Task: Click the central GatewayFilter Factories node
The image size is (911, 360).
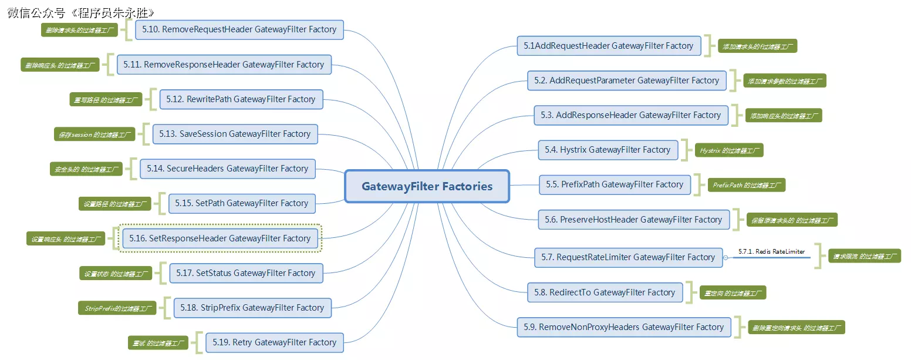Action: pos(427,186)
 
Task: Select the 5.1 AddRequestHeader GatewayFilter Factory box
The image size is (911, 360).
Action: pos(609,46)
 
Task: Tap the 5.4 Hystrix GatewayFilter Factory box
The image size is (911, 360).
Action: pos(608,150)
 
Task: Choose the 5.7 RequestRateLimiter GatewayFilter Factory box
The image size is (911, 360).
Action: pos(628,257)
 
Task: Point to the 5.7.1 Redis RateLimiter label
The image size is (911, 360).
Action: pos(771,251)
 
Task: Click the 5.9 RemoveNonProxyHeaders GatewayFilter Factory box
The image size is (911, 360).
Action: pos(623,327)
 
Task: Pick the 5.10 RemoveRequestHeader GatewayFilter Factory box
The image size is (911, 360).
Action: pos(239,29)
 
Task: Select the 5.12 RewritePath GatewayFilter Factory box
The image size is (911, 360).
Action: pos(241,99)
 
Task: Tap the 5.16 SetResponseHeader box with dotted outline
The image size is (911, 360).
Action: pos(221,238)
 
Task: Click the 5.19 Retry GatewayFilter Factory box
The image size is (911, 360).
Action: pos(274,342)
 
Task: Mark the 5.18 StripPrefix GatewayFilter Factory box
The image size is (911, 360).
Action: pos(252,308)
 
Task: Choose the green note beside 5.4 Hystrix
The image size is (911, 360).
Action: pos(729,150)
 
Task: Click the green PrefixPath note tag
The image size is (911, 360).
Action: pos(745,185)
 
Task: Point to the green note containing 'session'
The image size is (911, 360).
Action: pos(94,134)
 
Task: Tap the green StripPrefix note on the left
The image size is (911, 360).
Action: pos(117,308)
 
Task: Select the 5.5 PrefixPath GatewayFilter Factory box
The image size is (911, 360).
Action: pos(615,184)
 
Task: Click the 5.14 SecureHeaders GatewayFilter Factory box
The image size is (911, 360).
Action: pos(228,169)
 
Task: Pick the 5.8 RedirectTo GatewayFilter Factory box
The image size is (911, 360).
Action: pos(605,292)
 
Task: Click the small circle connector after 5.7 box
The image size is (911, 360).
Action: pos(726,258)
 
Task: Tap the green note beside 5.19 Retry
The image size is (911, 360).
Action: pos(158,342)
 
